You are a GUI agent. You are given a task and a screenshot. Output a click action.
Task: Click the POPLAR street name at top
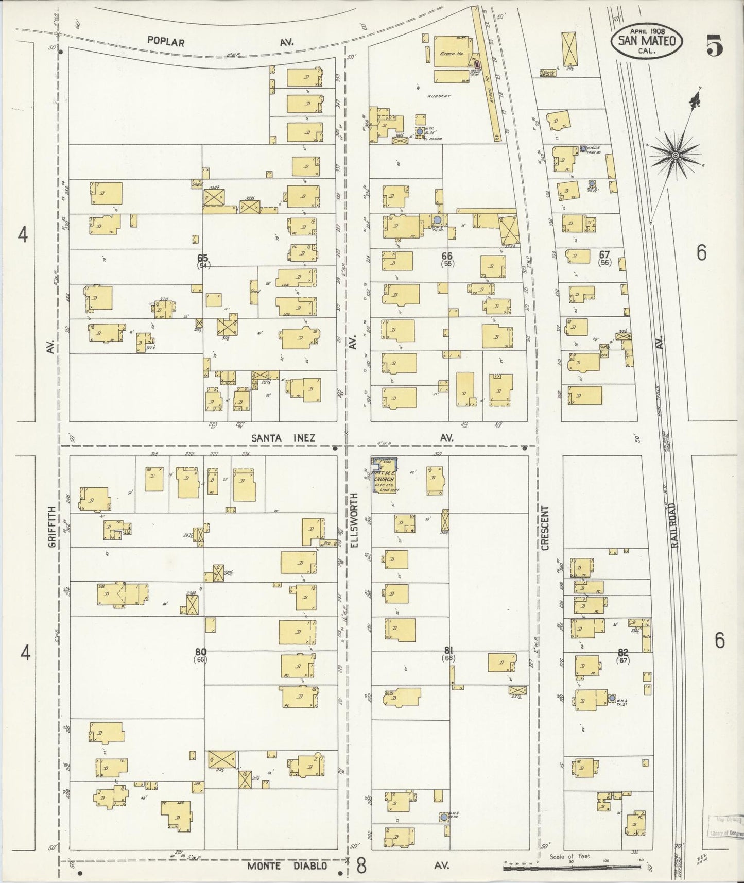click(x=165, y=42)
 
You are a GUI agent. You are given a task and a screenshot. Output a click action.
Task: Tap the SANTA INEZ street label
click(x=283, y=437)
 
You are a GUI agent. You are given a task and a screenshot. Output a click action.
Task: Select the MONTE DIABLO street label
click(x=287, y=866)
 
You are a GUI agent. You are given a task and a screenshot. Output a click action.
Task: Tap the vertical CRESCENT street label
click(x=545, y=528)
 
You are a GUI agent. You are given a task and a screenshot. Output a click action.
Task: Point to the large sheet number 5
click(x=715, y=45)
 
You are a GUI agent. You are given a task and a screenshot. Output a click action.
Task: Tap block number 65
click(x=202, y=257)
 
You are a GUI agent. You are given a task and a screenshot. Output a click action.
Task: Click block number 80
click(x=200, y=651)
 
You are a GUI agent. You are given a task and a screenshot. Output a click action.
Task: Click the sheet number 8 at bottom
click(x=361, y=867)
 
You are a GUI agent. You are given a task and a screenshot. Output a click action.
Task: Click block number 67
click(x=604, y=254)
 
